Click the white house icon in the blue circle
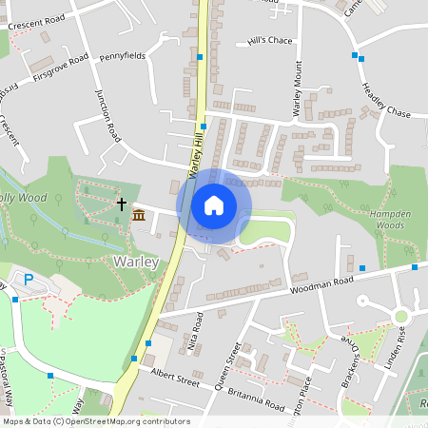pos(214,205)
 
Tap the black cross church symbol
pos(122,203)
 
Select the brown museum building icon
pos(139,215)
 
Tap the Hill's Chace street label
pos(269,41)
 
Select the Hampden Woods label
pos(387,221)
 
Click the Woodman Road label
pos(321,282)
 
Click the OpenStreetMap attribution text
pos(96,420)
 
